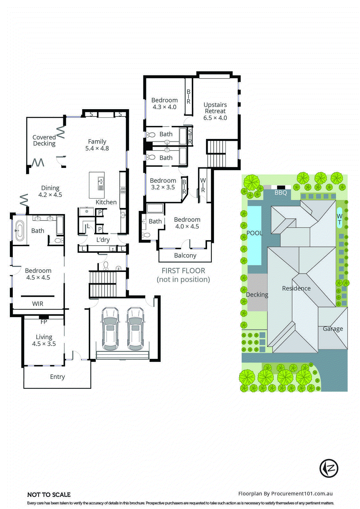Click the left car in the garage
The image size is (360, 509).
[x=110, y=329]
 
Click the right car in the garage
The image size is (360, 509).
[x=135, y=329]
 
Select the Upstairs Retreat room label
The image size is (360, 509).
[x=215, y=111]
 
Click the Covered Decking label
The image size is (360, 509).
[x=44, y=140]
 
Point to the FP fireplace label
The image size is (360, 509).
[x=44, y=322]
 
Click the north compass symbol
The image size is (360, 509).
[x=329, y=468]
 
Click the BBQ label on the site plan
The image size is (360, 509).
[x=281, y=192]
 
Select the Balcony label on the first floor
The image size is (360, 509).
[x=185, y=255]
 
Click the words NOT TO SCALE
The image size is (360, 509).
[x=49, y=495]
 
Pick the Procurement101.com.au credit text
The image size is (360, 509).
[x=285, y=493]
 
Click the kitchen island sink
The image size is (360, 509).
[x=101, y=183]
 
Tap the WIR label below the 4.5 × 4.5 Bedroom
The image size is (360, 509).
[x=38, y=304]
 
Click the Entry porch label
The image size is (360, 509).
[x=57, y=377]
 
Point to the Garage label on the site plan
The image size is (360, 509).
[x=333, y=329]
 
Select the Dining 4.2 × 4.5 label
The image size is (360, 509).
[x=50, y=191]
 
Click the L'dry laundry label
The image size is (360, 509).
[x=103, y=240]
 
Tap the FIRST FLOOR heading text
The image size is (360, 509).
[x=183, y=271]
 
